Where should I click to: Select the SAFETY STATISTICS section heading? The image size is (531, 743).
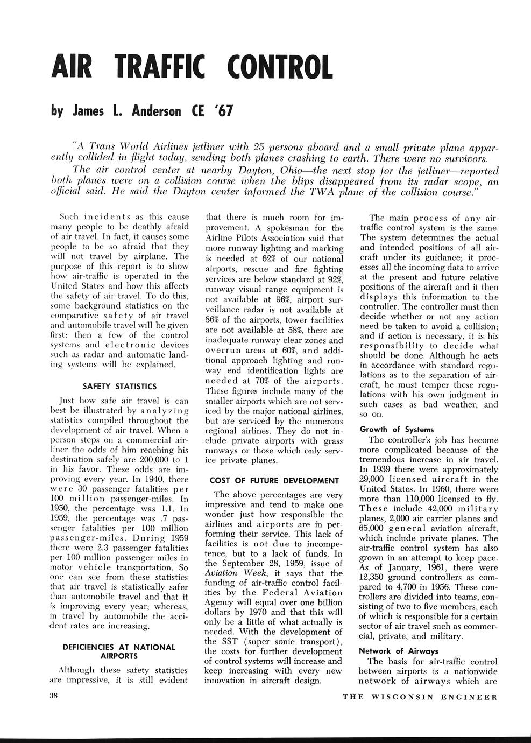pos(119,386)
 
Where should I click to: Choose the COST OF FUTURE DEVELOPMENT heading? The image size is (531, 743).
pos(274,480)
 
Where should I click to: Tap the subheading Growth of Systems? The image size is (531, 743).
pos(397,429)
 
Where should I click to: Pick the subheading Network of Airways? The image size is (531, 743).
pos(398,650)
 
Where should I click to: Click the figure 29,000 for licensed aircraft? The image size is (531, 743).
pos(375,479)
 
